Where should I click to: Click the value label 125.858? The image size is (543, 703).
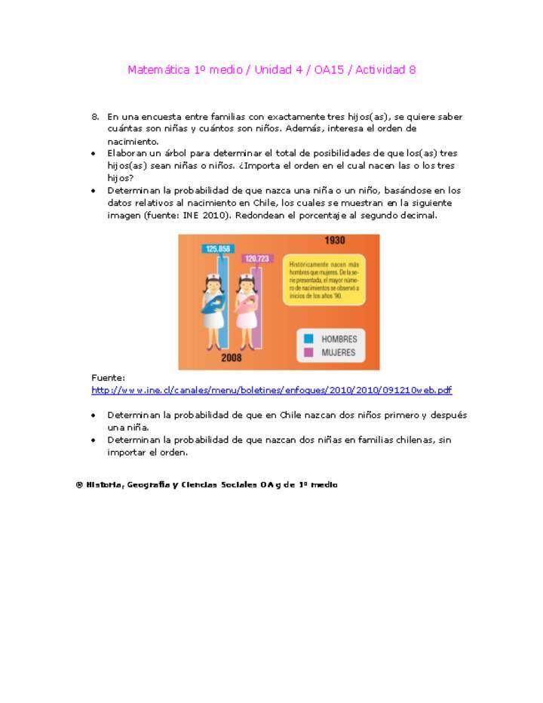pyautogui.click(x=217, y=249)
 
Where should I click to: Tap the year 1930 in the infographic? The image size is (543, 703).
pyautogui.click(x=335, y=241)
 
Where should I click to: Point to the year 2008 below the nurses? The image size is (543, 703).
pyautogui.click(x=231, y=358)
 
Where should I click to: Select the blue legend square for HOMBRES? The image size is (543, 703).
pyautogui.click(x=308, y=339)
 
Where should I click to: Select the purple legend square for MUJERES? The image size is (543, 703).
pyautogui.click(x=308, y=352)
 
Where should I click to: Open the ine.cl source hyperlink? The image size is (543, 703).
pyautogui.click(x=271, y=390)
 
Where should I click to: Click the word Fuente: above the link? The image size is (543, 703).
pyautogui.click(x=108, y=378)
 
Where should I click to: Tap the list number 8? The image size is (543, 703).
pyautogui.click(x=95, y=117)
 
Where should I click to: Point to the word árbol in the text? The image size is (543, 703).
pyautogui.click(x=175, y=153)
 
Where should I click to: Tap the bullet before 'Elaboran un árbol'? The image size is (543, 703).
pyautogui.click(x=93, y=153)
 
